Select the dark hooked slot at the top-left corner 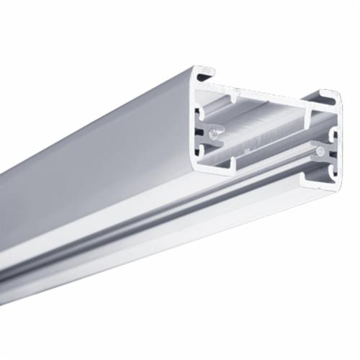204,74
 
